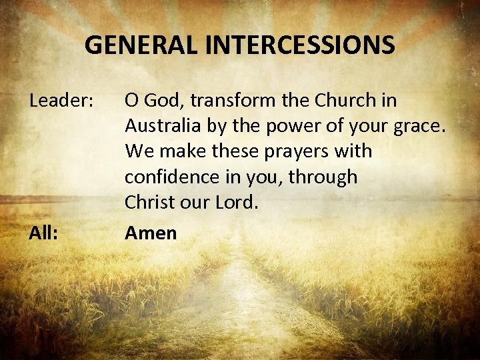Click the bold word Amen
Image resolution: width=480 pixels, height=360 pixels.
(x=151, y=233)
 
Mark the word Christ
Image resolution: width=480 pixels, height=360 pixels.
(x=148, y=203)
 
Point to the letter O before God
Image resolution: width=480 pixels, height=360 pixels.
(x=131, y=101)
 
